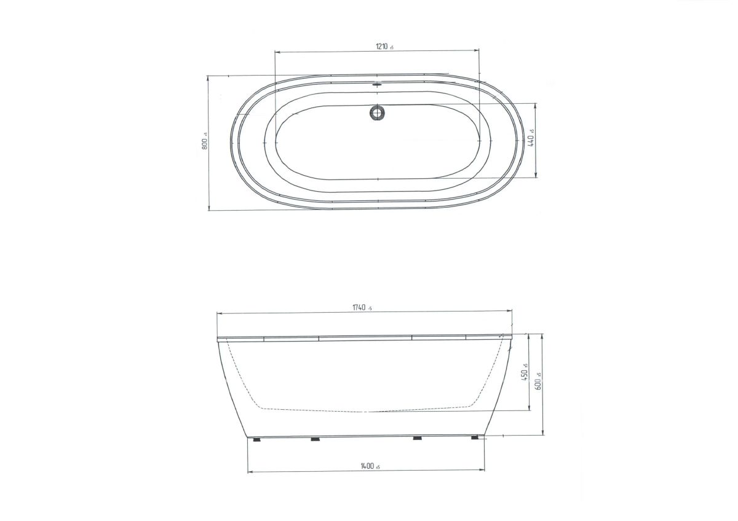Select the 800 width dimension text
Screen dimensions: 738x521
coord(205,143)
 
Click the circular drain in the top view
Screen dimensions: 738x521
coord(377,112)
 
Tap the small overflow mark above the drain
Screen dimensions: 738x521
coord(377,84)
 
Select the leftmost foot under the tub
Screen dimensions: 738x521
coord(256,439)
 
